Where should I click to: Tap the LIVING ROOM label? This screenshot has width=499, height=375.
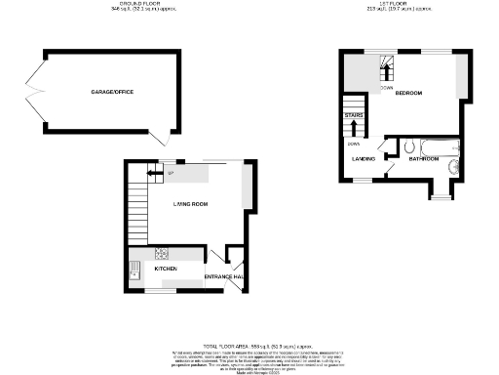click(191, 203)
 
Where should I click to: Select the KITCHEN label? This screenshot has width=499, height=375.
click(166, 267)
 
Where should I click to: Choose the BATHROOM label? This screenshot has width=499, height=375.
click(425, 157)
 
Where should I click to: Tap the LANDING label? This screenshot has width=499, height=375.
click(364, 157)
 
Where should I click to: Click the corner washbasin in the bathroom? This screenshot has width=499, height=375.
click(453, 170)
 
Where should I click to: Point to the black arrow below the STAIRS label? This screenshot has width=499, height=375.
click(353, 125)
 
